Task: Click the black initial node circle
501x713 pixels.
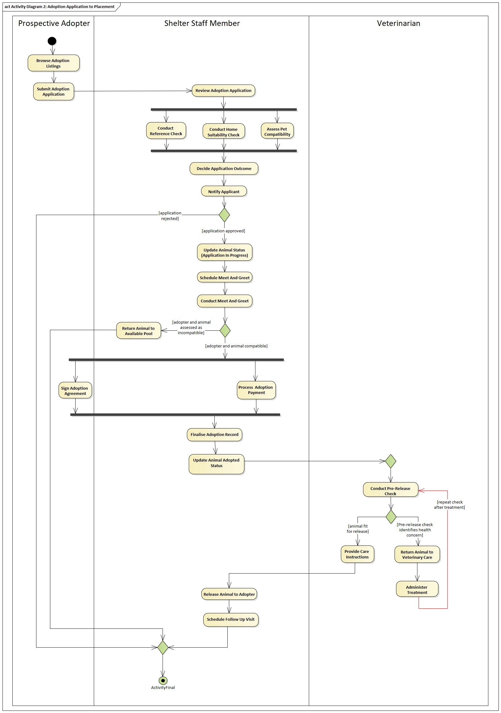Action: tap(52, 41)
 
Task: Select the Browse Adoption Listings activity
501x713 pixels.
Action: tap(53, 63)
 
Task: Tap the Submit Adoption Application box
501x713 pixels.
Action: tap(53, 91)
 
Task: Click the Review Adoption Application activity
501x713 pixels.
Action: tap(223, 90)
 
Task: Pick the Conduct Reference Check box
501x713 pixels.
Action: tap(166, 131)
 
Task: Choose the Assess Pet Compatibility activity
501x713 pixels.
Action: tap(277, 131)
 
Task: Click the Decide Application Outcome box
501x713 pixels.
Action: tap(224, 168)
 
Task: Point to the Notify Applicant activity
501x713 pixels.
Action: tap(224, 191)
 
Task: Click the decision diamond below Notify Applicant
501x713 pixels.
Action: tap(224, 215)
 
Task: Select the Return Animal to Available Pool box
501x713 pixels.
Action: tap(139, 330)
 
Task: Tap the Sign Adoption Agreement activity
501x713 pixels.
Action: tap(75, 390)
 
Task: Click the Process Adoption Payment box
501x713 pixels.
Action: tap(256, 390)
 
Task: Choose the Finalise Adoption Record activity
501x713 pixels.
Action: tap(214, 434)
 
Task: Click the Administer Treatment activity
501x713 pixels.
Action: tap(417, 589)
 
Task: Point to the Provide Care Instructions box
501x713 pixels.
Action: tap(357, 554)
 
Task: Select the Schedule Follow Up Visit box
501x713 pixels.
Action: tap(231, 620)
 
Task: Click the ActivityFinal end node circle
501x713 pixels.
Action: tap(163, 681)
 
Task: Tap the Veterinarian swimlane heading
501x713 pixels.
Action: tap(399, 23)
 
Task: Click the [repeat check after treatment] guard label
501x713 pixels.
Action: tap(449, 505)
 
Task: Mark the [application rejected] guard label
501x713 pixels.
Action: tap(170, 216)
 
